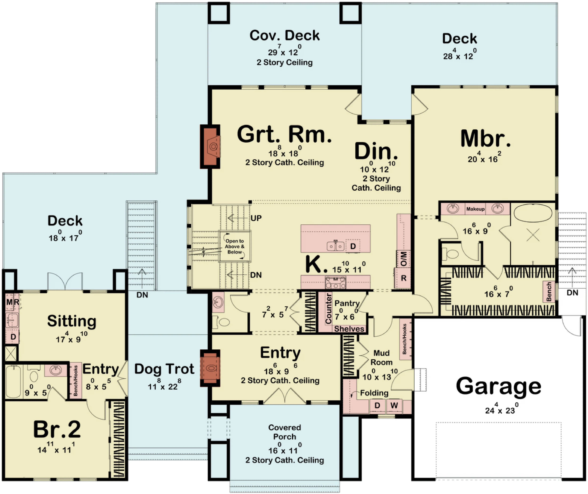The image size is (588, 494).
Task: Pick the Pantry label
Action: click(347, 303)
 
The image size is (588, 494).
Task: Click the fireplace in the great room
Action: click(210, 146)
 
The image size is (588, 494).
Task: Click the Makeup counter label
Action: click(475, 209)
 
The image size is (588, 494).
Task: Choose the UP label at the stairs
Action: click(256, 218)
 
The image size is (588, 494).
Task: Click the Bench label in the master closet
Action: click(549, 292)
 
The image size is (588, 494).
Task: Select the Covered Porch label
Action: click(284, 432)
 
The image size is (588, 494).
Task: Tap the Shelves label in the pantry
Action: click(349, 329)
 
